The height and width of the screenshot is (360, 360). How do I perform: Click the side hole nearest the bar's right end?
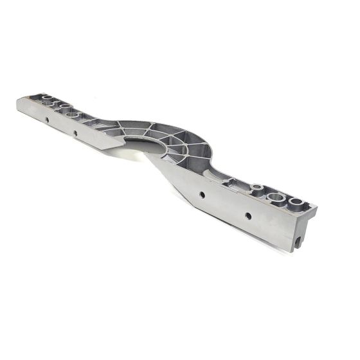click(x=248, y=215)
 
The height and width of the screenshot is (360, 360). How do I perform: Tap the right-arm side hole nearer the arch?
click(x=202, y=194)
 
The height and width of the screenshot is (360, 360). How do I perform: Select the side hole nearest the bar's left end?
click(x=47, y=120)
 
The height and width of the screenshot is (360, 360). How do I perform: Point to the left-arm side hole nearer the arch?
click(x=75, y=133)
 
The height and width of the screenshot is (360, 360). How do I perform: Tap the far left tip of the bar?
click(x=17, y=103)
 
